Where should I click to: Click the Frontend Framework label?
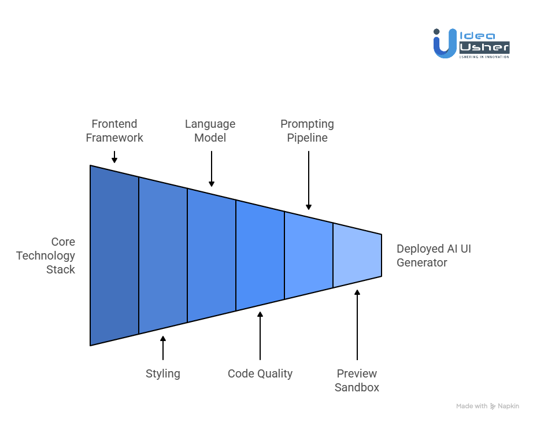tap(114, 131)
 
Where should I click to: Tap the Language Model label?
tap(210, 131)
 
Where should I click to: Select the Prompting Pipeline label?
tap(307, 131)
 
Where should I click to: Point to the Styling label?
tap(163, 373)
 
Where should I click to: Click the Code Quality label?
tap(260, 373)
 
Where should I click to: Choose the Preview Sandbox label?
tap(357, 380)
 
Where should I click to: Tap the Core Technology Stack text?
tap(46, 256)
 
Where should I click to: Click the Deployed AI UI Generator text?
tap(438, 256)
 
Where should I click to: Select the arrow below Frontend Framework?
tap(114, 157)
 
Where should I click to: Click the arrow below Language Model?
tap(212, 169)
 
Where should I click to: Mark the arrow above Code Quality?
tap(260, 336)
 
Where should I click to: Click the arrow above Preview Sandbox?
tap(357, 324)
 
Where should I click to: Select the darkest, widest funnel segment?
tap(114, 256)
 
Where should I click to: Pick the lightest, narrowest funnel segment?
tap(357, 256)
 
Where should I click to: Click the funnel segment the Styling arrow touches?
tap(163, 256)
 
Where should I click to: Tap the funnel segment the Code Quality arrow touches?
tap(260, 256)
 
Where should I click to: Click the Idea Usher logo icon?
tap(445, 43)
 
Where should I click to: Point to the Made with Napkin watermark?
tap(487, 406)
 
